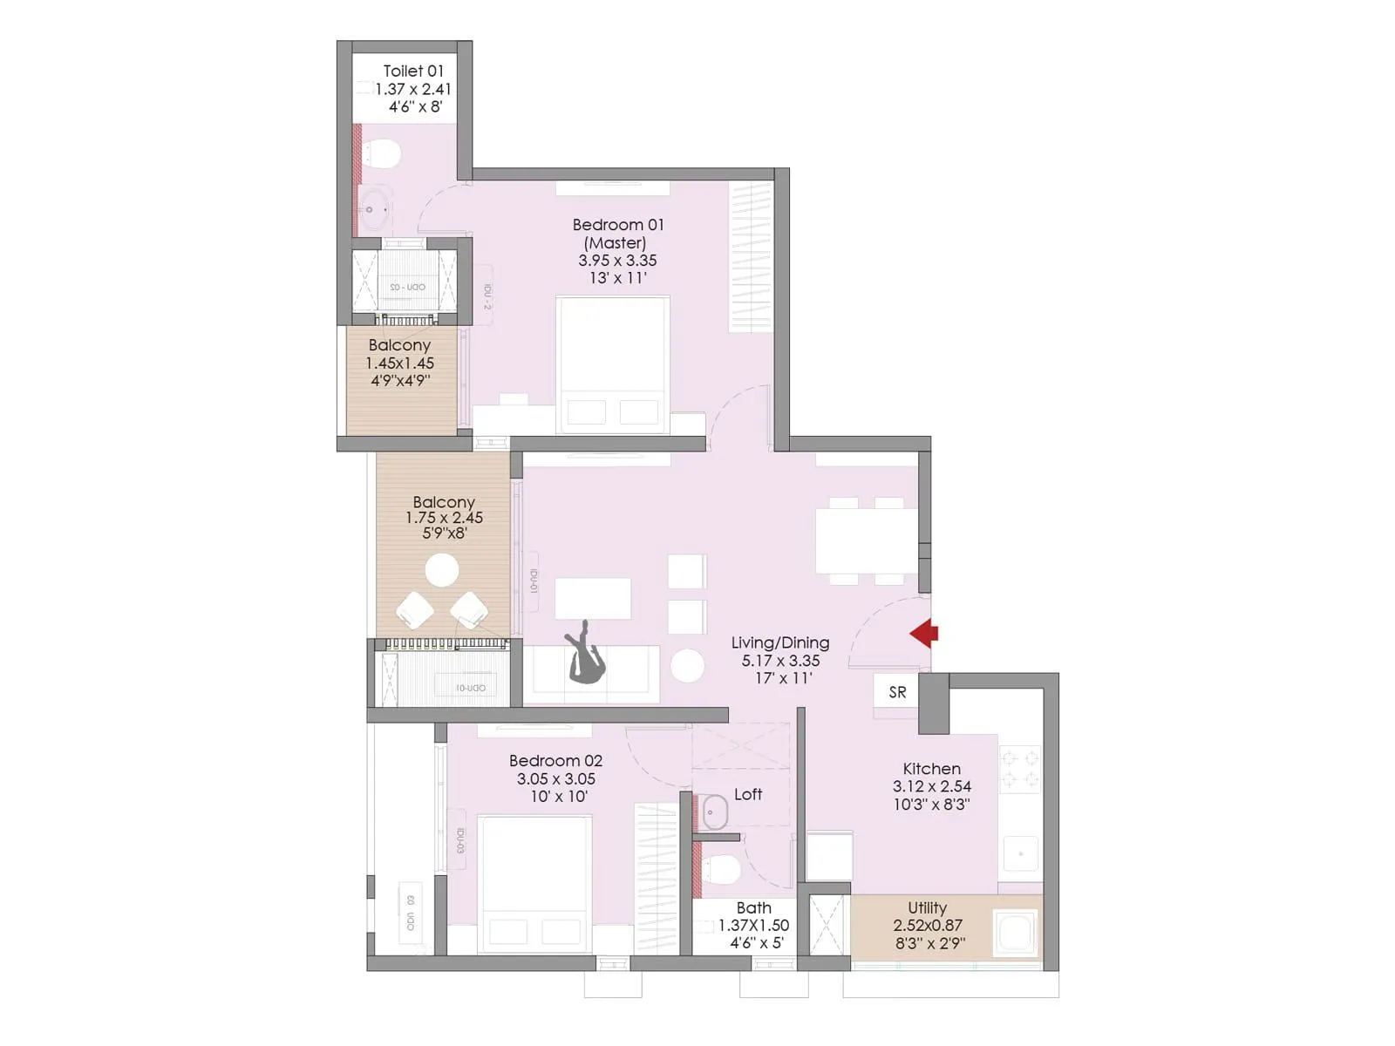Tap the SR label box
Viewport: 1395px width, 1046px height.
[x=897, y=693]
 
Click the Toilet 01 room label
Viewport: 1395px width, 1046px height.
[x=413, y=71]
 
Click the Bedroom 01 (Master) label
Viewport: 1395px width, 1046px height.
[x=617, y=234]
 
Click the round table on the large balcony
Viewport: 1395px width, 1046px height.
[x=442, y=571]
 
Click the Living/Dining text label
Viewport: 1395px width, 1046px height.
[x=779, y=642]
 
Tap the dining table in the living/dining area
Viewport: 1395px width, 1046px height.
[x=866, y=540]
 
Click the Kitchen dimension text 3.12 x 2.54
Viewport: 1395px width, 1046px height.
[x=931, y=786]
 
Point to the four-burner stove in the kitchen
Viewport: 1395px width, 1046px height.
[x=1019, y=769]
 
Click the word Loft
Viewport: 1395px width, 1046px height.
[x=747, y=794]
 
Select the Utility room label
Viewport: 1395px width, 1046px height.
[x=927, y=907]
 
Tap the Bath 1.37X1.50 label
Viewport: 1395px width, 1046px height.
[x=753, y=925]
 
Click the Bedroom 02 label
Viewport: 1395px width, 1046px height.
[x=555, y=760]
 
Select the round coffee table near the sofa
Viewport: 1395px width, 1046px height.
[x=688, y=666]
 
